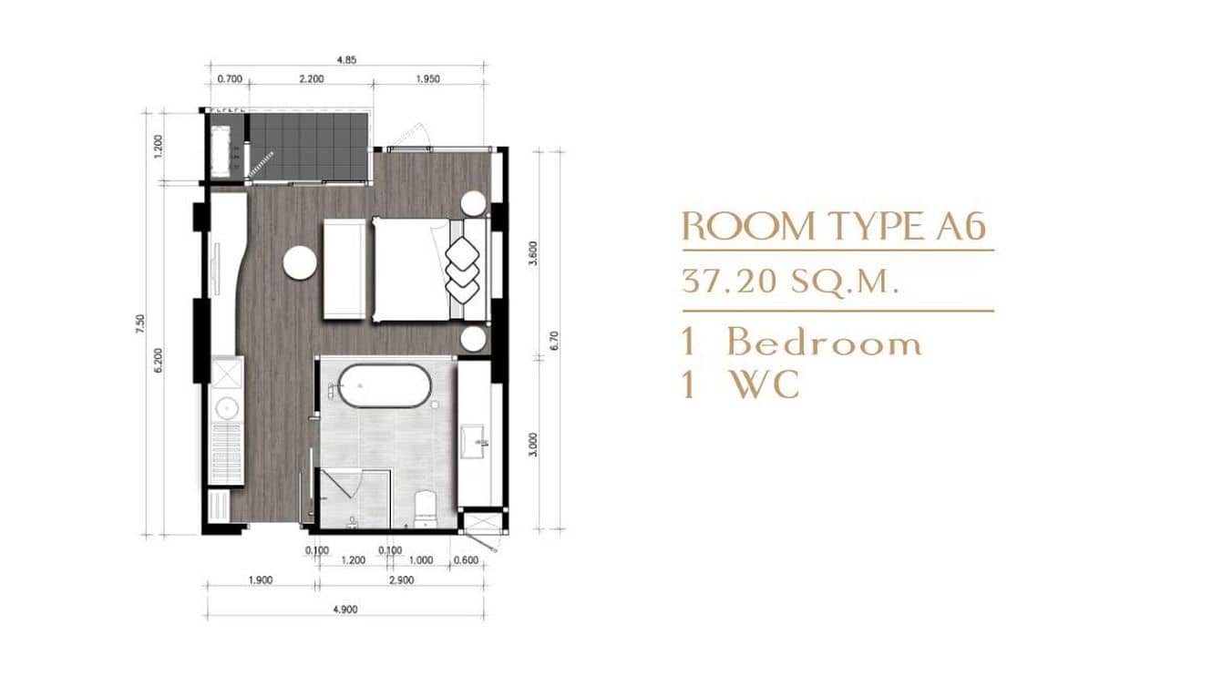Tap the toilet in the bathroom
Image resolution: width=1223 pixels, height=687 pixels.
(x=426, y=509)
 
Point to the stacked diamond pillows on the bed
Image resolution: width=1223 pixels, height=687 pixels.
(x=462, y=267)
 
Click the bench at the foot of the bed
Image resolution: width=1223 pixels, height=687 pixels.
(x=344, y=269)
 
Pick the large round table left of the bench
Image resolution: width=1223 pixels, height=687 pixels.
(x=300, y=263)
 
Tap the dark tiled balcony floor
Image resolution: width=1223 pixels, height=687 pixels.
(x=308, y=146)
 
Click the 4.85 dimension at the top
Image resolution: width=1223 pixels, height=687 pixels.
(x=345, y=60)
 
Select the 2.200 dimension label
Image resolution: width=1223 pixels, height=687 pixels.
(x=311, y=79)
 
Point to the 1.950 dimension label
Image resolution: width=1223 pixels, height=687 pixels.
(x=427, y=79)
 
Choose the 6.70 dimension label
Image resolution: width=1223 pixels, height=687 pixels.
(x=554, y=342)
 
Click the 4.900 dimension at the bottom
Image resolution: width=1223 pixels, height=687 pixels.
(x=345, y=610)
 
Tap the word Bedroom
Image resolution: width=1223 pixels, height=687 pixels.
(x=824, y=343)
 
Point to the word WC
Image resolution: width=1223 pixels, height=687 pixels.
(x=763, y=385)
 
